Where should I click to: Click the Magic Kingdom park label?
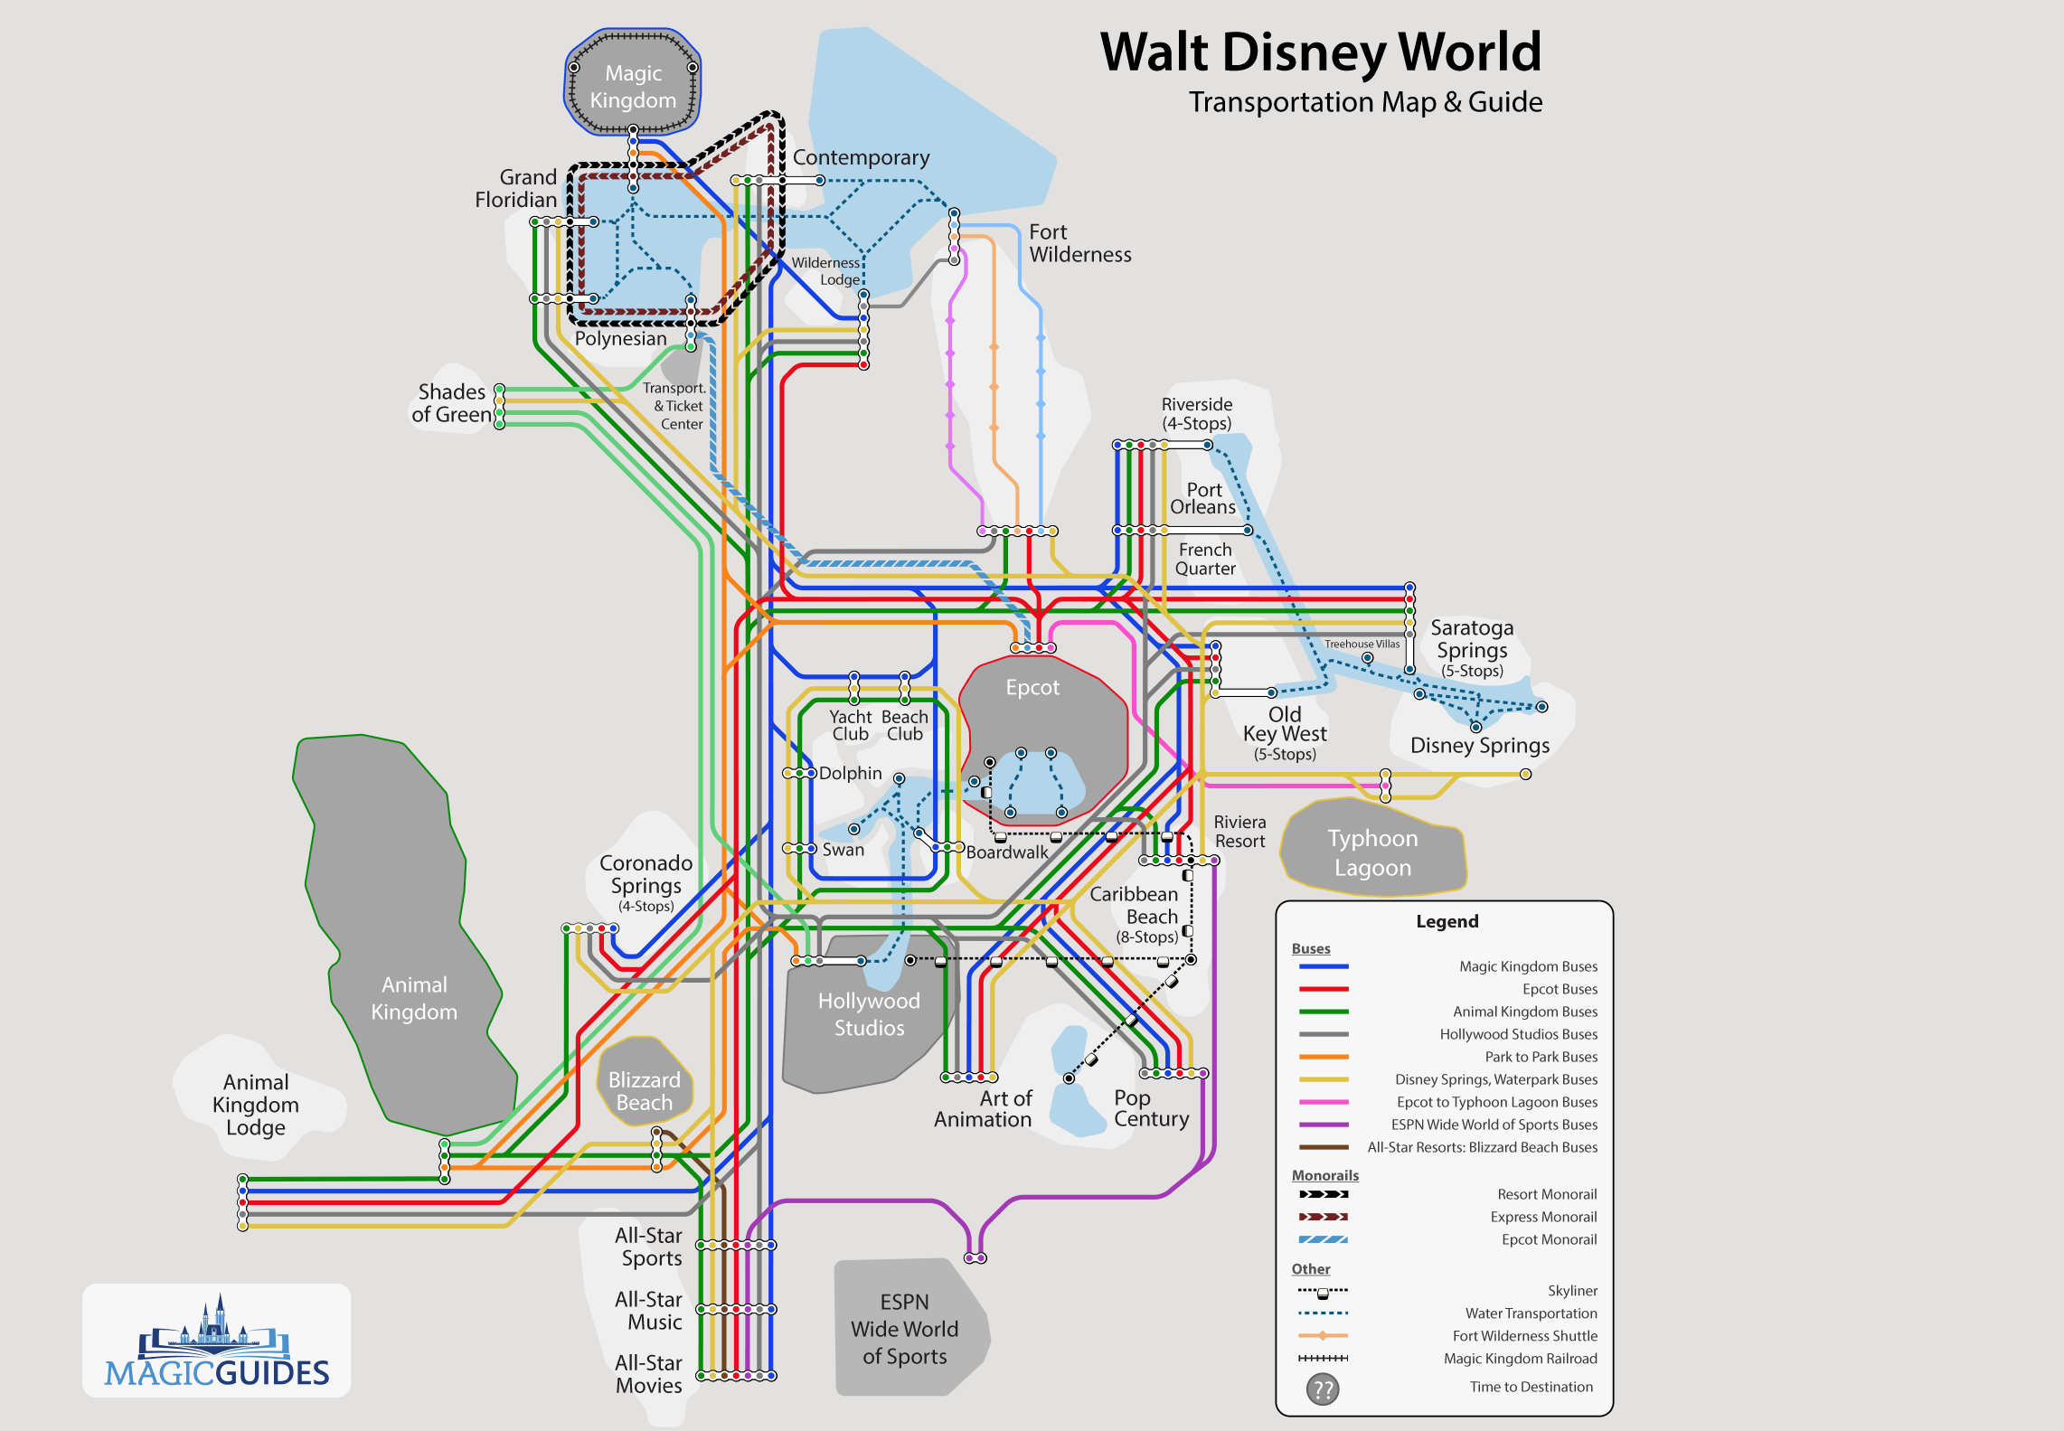click(633, 87)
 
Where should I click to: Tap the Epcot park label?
click(1032, 687)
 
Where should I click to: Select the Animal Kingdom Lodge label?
click(256, 1105)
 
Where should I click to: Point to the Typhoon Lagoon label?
click(1372, 852)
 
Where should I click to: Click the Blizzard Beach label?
click(644, 1091)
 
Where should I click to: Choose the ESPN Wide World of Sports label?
click(904, 1329)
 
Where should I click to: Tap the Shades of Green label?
click(451, 403)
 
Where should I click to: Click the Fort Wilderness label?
click(1079, 243)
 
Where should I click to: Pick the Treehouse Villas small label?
click(1362, 645)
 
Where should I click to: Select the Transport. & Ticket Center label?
click(674, 406)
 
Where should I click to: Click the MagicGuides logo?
click(217, 1342)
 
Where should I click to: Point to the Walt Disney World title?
click(1320, 52)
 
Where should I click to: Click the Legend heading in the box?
click(1447, 921)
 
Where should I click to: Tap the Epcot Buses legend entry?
click(1560, 989)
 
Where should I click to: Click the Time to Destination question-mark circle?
click(1323, 1389)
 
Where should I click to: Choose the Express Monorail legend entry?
click(1543, 1217)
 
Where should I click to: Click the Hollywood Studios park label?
click(869, 1014)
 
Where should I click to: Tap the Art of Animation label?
click(983, 1109)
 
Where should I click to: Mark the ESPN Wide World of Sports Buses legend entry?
click(1494, 1125)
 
